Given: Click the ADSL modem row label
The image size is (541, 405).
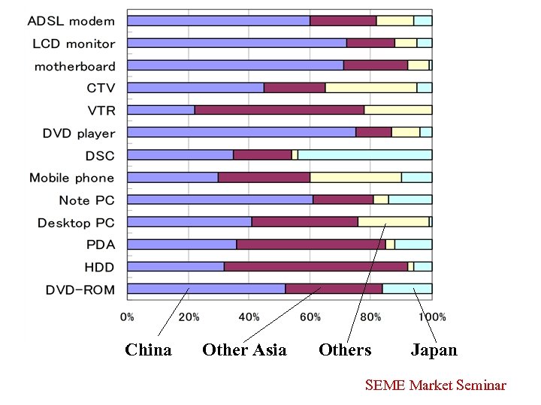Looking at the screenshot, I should (71, 21).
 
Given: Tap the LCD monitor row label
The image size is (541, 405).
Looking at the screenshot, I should (74, 43).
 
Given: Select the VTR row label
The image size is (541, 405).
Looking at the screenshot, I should (101, 111).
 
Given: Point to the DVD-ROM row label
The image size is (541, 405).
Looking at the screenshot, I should (80, 289).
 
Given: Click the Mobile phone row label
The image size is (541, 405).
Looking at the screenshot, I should (72, 178).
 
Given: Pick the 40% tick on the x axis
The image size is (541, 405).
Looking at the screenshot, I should (249, 317).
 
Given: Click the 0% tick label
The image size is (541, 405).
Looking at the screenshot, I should (128, 317).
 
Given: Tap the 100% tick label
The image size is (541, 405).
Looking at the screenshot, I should (432, 317).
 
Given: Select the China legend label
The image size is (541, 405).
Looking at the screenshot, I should (148, 350).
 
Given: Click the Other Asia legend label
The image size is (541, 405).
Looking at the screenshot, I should (244, 350).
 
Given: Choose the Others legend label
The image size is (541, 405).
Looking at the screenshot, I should (345, 350).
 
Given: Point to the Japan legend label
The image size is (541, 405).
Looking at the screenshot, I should (434, 350).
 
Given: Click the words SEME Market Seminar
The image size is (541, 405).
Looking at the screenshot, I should (435, 385).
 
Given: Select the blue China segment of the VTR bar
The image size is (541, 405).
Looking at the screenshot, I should (161, 110).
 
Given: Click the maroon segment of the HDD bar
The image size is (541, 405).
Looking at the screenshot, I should (316, 266).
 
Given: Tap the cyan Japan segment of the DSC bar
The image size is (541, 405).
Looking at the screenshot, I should (364, 154).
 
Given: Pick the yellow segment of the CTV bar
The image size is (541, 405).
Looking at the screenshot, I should (371, 88).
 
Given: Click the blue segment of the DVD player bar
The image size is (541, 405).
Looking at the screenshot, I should (241, 132).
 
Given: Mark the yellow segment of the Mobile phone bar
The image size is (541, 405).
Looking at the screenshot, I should (355, 177).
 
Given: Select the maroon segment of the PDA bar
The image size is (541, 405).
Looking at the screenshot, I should (310, 244).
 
